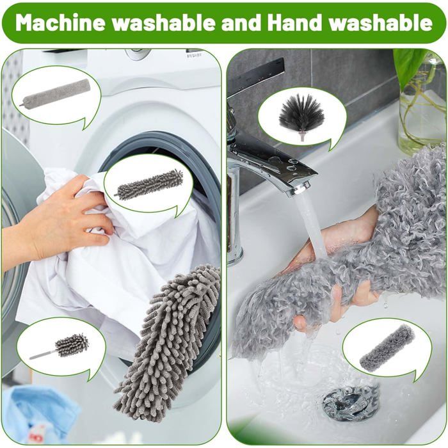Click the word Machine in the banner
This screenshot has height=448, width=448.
pyautogui.click(x=60, y=22)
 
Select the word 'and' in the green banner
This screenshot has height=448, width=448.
pyautogui.click(x=241, y=22)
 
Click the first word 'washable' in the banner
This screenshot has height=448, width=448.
pyautogui.click(x=163, y=22)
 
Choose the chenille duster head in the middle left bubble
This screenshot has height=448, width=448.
pyautogui.click(x=148, y=184)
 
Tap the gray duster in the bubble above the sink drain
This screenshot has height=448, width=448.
pyautogui.click(x=387, y=347)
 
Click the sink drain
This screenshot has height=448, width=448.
pyautogui.click(x=350, y=402)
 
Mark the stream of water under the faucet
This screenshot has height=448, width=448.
pyautogui.click(x=312, y=228)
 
